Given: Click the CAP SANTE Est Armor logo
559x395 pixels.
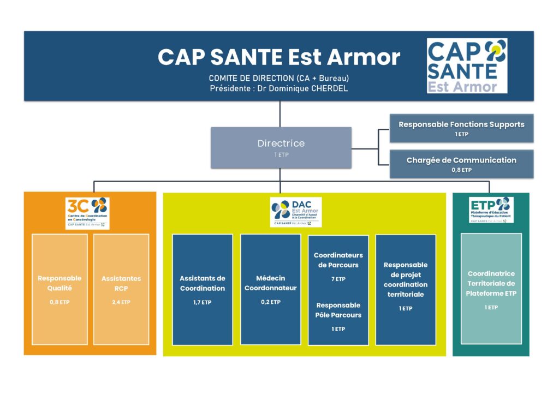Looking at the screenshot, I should [467, 65].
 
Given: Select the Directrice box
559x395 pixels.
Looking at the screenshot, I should [281, 147].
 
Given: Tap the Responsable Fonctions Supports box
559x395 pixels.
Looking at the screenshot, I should [461, 128].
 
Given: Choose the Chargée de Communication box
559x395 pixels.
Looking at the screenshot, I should [461, 164].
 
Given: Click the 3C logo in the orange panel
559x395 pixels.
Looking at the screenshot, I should [87, 213].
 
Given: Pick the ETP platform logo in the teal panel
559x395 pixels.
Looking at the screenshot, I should [491, 210].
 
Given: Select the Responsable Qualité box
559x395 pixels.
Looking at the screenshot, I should [60, 289].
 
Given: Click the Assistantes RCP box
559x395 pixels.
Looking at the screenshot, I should [121, 289].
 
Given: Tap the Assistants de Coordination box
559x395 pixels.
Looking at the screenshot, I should [203, 289].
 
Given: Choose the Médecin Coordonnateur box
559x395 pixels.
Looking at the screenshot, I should [270, 289].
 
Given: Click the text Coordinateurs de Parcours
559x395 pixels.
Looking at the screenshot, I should [338, 260].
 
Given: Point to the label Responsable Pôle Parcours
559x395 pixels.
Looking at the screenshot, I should [338, 310].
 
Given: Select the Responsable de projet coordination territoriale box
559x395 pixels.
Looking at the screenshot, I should [406, 289].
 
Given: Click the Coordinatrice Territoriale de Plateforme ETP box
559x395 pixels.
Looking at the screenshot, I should [491, 289].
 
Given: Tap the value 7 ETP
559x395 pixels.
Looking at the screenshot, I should [338, 279].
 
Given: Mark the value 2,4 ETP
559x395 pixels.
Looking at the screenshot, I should [121, 302].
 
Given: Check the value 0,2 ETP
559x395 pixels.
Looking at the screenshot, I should [270, 302].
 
